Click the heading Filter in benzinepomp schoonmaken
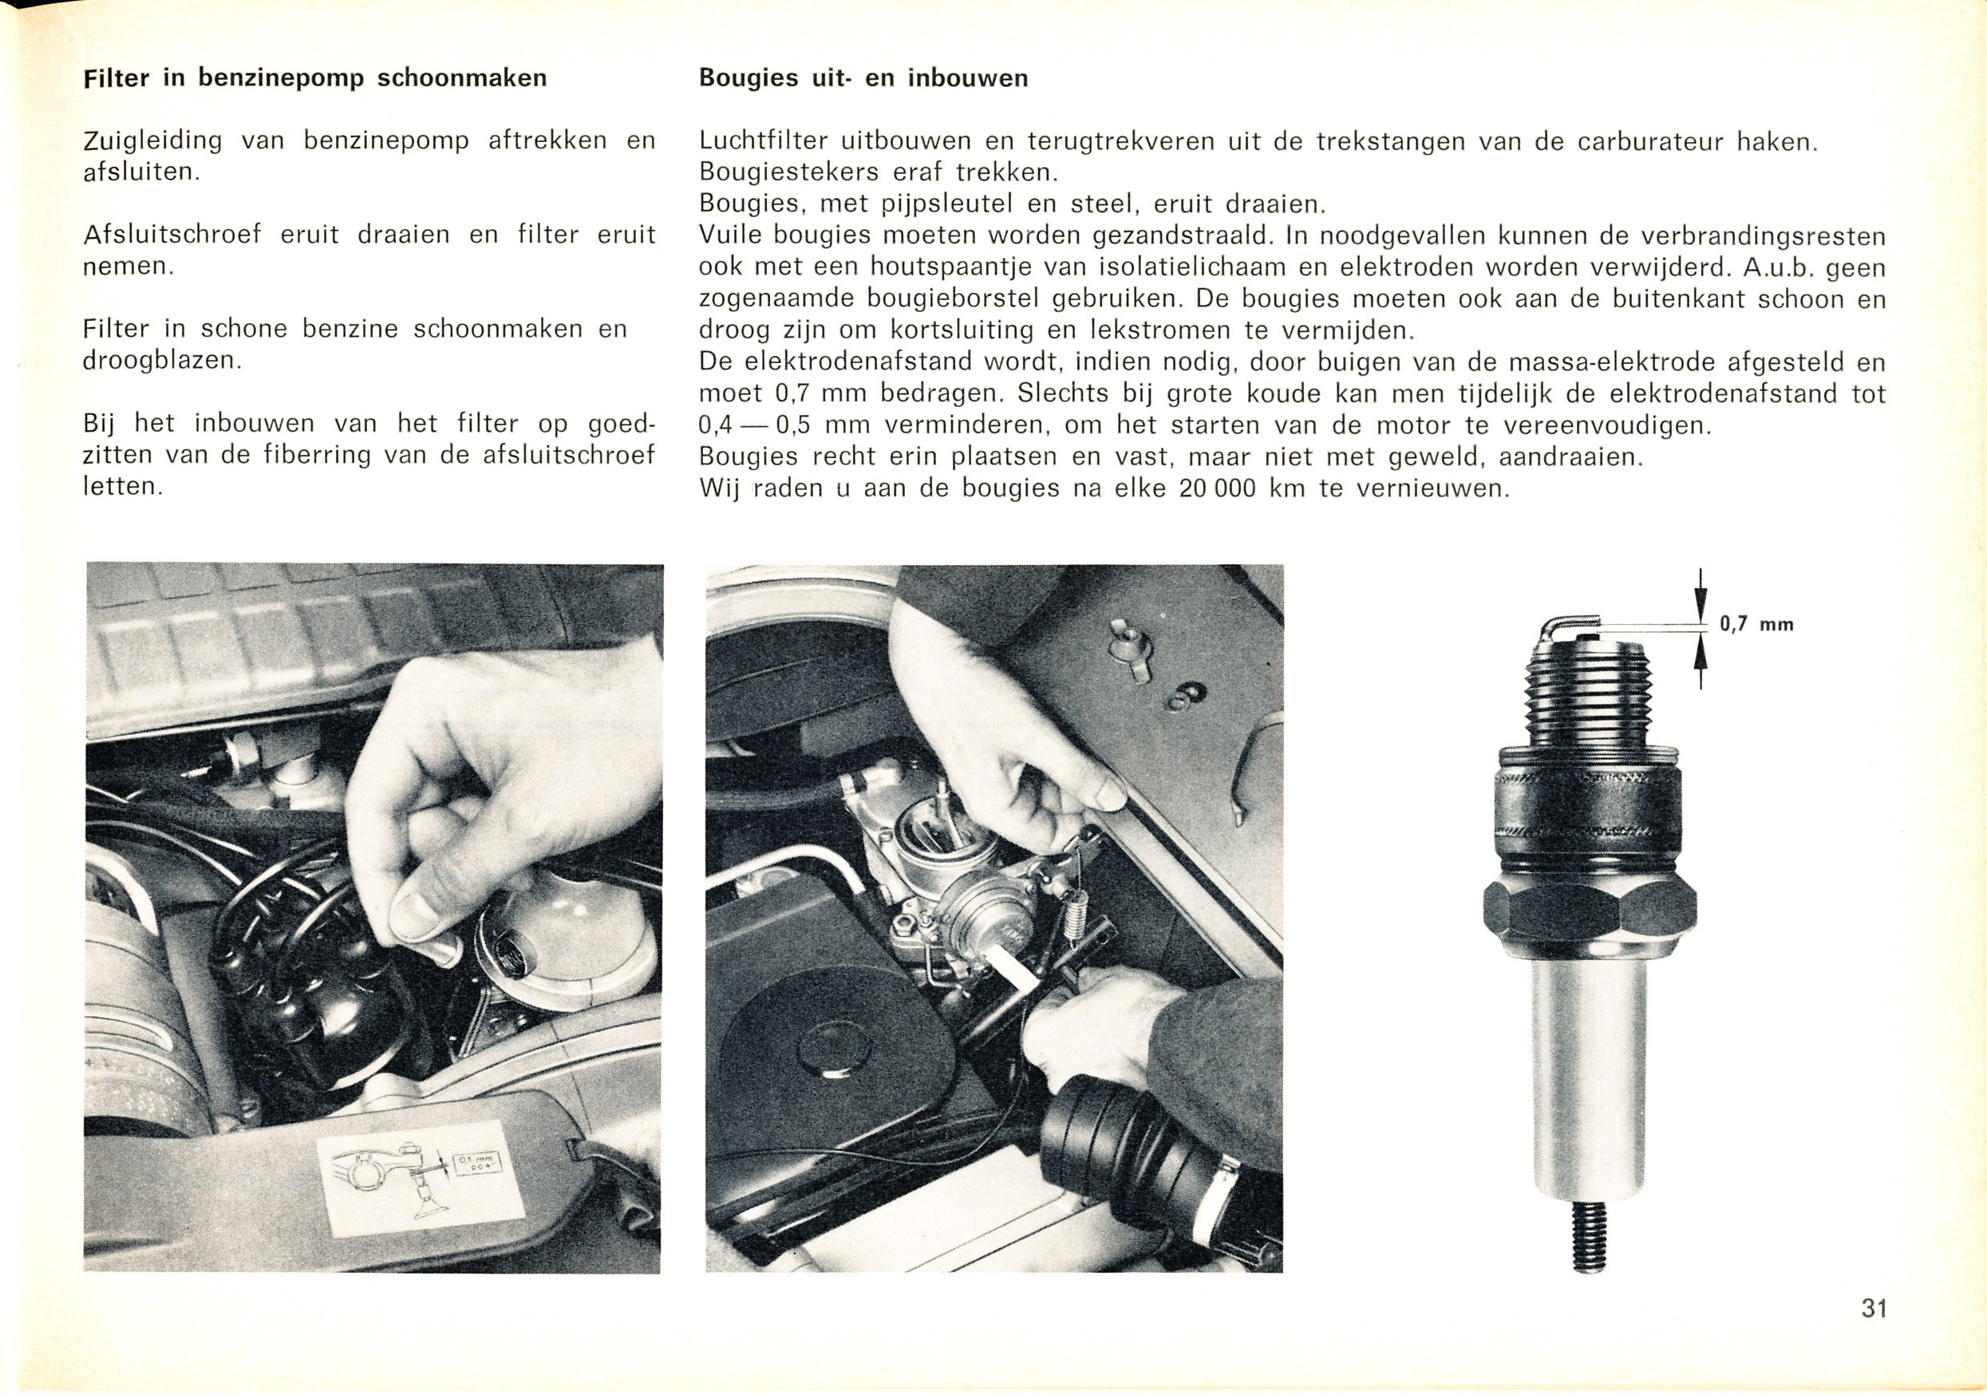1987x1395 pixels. click(315, 79)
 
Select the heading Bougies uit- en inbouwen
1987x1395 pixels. click(863, 79)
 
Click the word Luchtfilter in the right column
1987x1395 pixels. click(761, 141)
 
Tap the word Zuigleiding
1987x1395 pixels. click(152, 141)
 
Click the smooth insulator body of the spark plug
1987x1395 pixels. click(1589, 1081)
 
